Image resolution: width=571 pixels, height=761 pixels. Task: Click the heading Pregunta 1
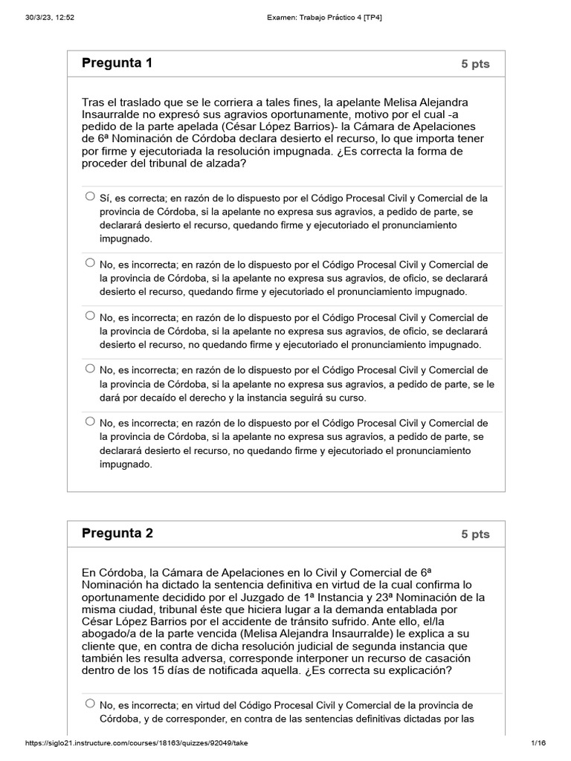[x=117, y=63]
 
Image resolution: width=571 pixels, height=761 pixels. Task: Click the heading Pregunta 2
[x=117, y=533]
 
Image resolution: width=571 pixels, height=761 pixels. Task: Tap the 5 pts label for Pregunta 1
[x=475, y=64]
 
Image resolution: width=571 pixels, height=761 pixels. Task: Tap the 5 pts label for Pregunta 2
[x=475, y=534]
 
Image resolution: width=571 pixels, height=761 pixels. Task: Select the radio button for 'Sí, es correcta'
[x=90, y=197]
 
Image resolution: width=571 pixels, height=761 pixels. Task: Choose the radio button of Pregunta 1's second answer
[x=90, y=262]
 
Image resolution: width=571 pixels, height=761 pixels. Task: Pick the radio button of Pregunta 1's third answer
[x=90, y=315]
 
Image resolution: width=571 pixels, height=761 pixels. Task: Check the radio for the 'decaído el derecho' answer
[x=90, y=368]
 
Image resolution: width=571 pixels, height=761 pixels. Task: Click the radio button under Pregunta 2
[x=90, y=703]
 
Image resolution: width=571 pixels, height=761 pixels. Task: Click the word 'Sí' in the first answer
[x=106, y=198]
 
